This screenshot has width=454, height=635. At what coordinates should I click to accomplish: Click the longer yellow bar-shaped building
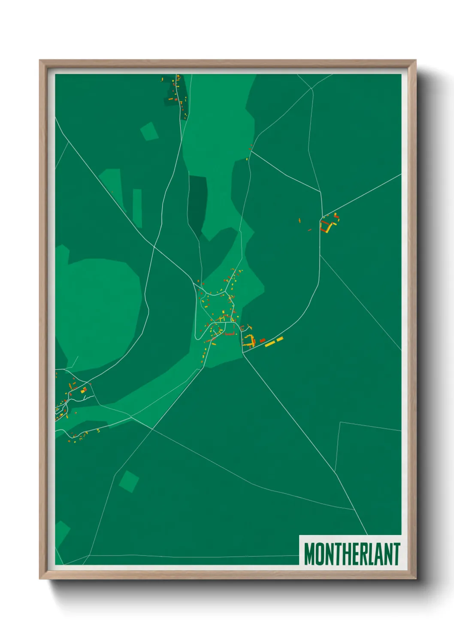(270, 343)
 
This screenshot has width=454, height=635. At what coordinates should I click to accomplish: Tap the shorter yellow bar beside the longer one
(280, 339)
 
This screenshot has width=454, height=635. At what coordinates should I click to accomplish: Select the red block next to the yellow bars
(263, 340)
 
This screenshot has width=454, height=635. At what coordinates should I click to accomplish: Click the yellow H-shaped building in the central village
(222, 318)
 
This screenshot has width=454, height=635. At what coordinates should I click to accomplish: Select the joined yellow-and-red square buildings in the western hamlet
(83, 390)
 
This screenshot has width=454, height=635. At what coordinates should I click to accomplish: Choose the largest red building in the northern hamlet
(170, 99)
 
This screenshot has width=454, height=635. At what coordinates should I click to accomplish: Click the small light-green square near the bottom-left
(128, 481)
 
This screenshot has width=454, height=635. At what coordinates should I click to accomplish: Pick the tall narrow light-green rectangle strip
(137, 208)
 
